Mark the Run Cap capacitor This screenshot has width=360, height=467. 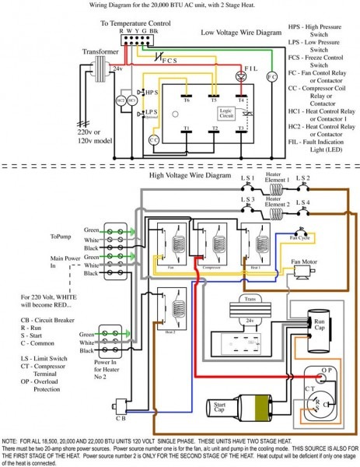318,323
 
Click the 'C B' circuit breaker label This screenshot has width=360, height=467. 121,416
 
